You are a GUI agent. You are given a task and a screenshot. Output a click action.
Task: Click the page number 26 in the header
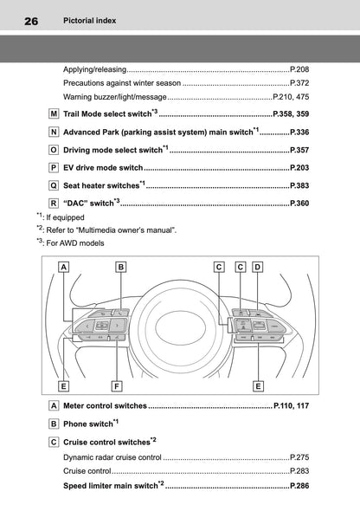pos(31,21)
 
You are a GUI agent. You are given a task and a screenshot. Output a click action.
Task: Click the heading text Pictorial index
pos(89,21)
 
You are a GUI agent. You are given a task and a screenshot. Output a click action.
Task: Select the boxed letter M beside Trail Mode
pos(54,113)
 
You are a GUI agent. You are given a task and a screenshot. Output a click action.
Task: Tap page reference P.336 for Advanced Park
pos(299,133)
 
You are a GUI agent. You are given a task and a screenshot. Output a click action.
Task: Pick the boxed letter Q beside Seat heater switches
pos(54,185)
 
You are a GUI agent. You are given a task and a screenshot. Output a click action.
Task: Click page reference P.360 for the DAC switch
pos(299,204)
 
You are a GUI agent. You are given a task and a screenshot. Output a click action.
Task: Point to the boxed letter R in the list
pos(54,204)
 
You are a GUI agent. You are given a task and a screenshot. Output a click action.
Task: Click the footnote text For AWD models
pos(75,243)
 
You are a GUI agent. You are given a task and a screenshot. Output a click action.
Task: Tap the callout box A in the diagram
pos(63,267)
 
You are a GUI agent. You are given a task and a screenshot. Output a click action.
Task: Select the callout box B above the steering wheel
pos(121,267)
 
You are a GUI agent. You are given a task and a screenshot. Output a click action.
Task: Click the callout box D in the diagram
pos(258,267)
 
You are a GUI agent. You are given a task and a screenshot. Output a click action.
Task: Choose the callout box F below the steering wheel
pos(117,386)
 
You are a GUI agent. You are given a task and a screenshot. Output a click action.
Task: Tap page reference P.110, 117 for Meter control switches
pos(292,405)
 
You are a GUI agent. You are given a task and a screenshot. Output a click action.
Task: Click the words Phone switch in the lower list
pos(88,424)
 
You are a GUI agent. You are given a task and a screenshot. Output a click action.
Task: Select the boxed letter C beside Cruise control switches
pos(54,443)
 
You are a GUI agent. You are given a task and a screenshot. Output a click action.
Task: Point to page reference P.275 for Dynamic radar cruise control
pos(299,457)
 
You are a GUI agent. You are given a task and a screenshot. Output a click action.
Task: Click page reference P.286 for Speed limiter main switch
pos(299,486)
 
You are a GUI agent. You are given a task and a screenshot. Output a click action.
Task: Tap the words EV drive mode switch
pos(103,168)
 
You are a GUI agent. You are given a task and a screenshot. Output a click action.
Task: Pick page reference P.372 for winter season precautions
pos(299,83)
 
